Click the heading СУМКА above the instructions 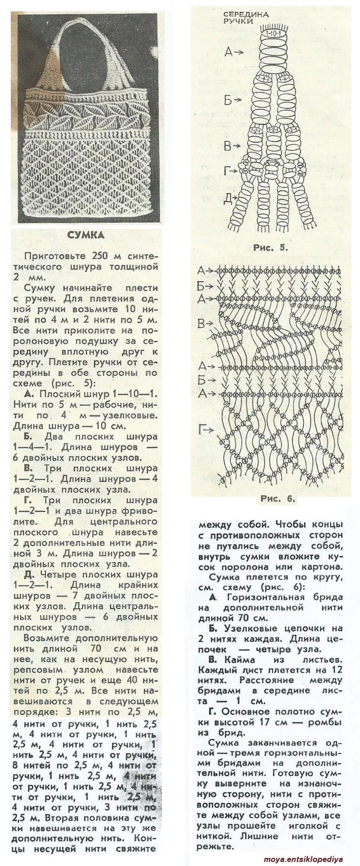85,235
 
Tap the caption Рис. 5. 270,247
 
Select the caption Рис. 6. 277,498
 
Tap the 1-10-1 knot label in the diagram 274,34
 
